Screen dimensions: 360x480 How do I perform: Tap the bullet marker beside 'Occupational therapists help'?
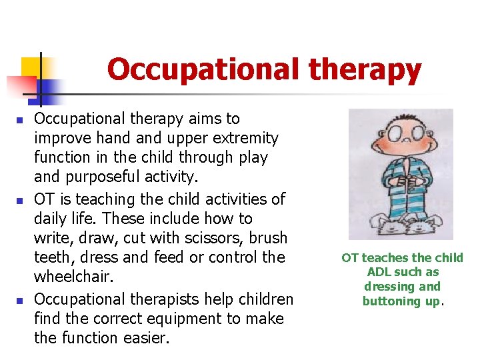[x=20, y=300]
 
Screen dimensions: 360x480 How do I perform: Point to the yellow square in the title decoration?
[x=31, y=67]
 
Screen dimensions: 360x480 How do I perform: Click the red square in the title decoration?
[x=19, y=87]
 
